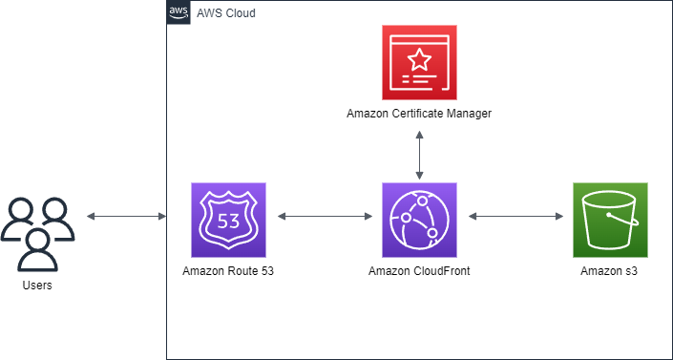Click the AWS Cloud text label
pos(225,13)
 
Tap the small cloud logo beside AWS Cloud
pos(179,13)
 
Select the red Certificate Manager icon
pos(419,62)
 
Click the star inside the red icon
pos(419,59)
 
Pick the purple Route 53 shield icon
pos(228,220)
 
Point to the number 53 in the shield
pos(228,220)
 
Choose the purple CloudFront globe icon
pos(419,220)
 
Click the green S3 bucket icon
pos(610,220)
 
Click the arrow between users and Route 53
pos(126,217)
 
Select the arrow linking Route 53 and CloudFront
pos(324,217)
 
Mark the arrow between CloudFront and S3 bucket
pos(515,217)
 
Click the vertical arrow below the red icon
pos(419,153)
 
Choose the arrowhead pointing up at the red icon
pos(419,133)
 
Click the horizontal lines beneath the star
pos(420,81)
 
